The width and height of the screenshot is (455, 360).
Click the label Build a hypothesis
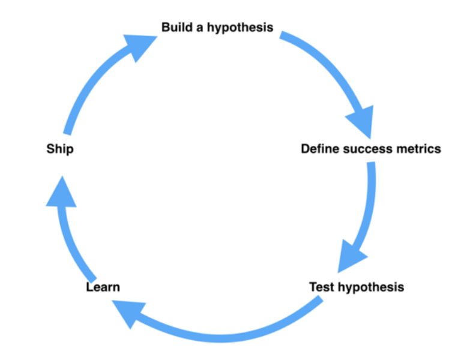[x=217, y=28]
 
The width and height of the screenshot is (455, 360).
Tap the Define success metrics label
[x=370, y=149]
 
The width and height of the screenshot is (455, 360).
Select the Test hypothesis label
[x=356, y=287]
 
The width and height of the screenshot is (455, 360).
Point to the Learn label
[x=103, y=287]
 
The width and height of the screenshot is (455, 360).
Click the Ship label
[x=59, y=149]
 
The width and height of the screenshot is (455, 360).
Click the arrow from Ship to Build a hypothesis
[x=90, y=84]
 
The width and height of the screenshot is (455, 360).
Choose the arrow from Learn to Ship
[x=69, y=240]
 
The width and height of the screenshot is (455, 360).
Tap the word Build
[x=176, y=28]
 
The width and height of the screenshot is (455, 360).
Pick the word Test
[x=322, y=287]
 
